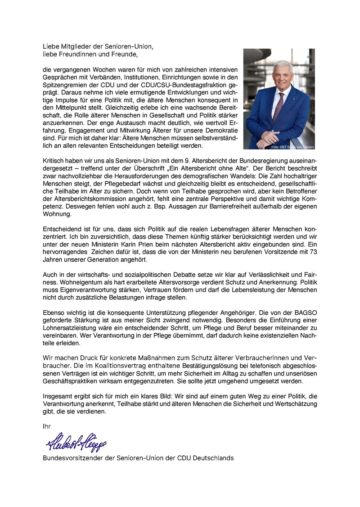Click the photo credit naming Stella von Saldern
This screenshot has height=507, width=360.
pyautogui.click(x=292, y=147)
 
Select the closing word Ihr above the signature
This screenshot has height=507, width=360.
pyautogui.click(x=47, y=426)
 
